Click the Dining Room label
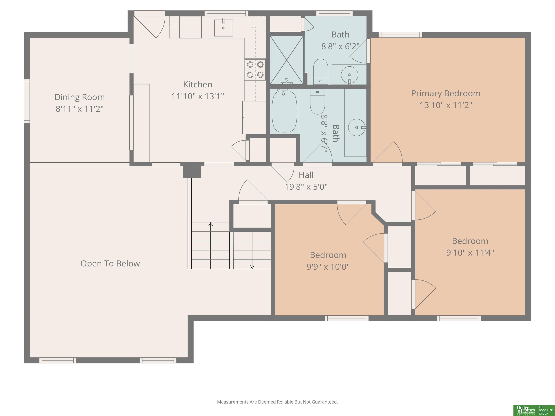pyautogui.click(x=79, y=97)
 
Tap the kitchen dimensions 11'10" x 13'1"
pyautogui.click(x=198, y=96)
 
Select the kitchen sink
pyautogui.click(x=223, y=28)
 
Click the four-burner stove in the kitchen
pyautogui.click(x=255, y=70)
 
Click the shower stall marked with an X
pyautogui.click(x=287, y=60)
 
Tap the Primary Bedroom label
pyautogui.click(x=446, y=93)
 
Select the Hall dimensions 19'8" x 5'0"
pyautogui.click(x=306, y=187)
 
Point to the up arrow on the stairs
pyautogui.click(x=210, y=246)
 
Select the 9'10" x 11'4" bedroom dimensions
pyautogui.click(x=470, y=253)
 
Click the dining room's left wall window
pyautogui.click(x=27, y=101)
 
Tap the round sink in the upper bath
pyautogui.click(x=350, y=75)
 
